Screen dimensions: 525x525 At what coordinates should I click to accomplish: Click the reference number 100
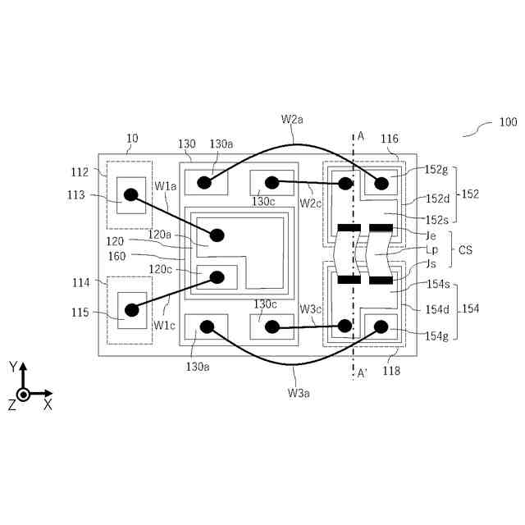tap(507, 123)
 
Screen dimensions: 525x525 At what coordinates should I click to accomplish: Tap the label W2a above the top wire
tap(293, 119)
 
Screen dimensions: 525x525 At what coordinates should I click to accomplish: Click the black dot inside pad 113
tap(130, 195)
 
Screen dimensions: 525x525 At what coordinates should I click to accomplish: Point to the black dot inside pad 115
tap(130, 310)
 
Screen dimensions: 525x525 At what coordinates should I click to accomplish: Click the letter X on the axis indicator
tap(48, 404)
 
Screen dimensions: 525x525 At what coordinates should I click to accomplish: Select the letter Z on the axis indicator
tap(11, 404)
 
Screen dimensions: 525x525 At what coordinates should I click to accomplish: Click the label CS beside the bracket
tap(465, 249)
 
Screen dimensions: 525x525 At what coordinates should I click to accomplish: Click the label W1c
tap(164, 324)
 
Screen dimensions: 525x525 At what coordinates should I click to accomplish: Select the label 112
tap(79, 171)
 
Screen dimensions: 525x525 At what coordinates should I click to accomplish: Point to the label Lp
tap(432, 249)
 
